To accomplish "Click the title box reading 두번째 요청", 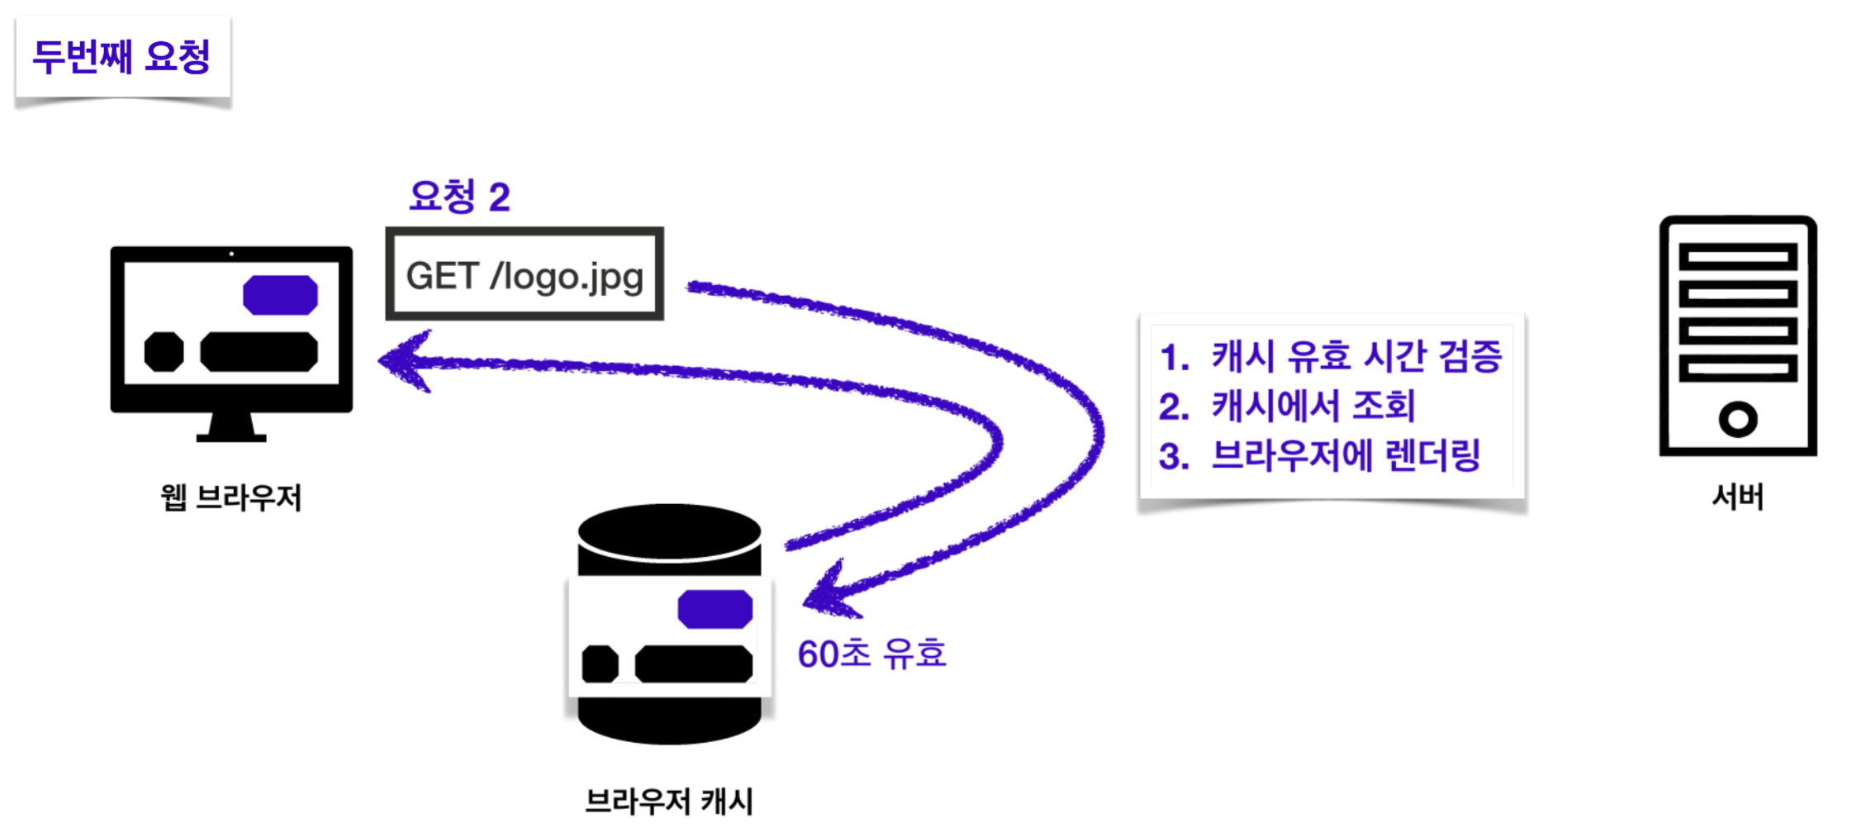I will pyautogui.click(x=121, y=57).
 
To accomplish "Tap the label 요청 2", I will pyautogui.click(x=459, y=197).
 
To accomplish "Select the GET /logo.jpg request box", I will pyautogui.click(x=525, y=275).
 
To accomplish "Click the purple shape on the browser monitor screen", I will pyautogui.click(x=280, y=295).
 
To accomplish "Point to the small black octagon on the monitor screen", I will pyautogui.click(x=164, y=352).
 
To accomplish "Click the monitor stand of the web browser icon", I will pyautogui.click(x=231, y=426).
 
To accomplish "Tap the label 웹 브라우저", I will pyautogui.click(x=231, y=497).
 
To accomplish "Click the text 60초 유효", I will pyautogui.click(x=871, y=654).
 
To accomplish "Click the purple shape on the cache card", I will pyautogui.click(x=715, y=609).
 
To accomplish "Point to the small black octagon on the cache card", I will pyautogui.click(x=600, y=664).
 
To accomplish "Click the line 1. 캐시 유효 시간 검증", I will pyautogui.click(x=1330, y=356).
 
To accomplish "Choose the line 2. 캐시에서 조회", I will pyautogui.click(x=1287, y=406).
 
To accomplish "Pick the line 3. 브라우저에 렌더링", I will pyautogui.click(x=1319, y=455).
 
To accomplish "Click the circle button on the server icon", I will pyautogui.click(x=1738, y=419).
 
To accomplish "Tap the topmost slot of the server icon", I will pyautogui.click(x=1738, y=257).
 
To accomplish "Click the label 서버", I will pyautogui.click(x=1738, y=497).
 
